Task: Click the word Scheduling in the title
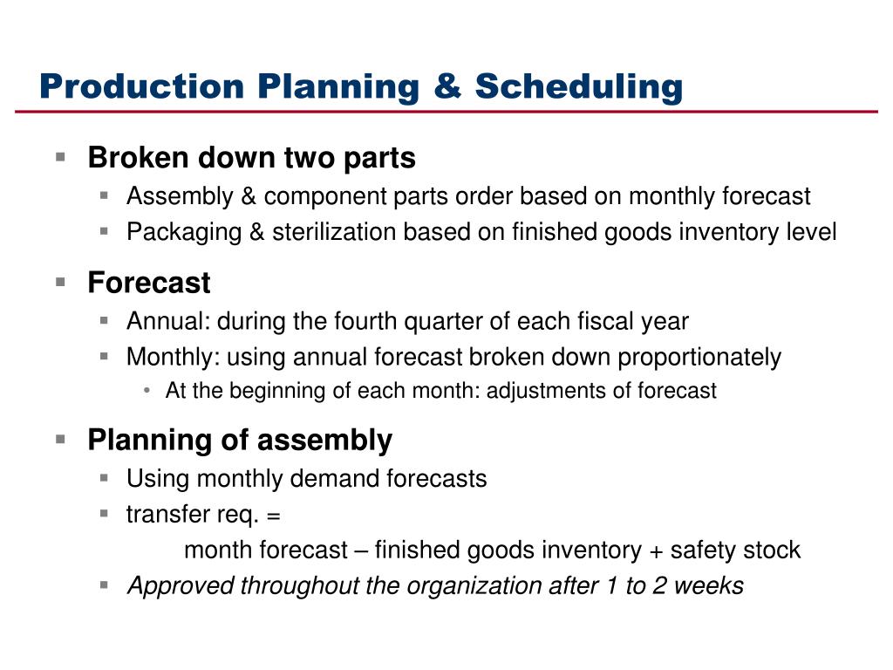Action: coord(579,87)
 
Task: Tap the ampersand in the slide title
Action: coord(447,86)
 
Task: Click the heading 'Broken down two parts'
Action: coord(252,158)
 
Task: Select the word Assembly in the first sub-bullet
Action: coord(180,197)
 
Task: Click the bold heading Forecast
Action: coord(149,283)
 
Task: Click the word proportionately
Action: coord(699,358)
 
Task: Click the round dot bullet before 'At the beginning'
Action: coord(147,391)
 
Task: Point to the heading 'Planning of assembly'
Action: coord(240,441)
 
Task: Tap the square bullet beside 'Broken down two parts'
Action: coord(60,157)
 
